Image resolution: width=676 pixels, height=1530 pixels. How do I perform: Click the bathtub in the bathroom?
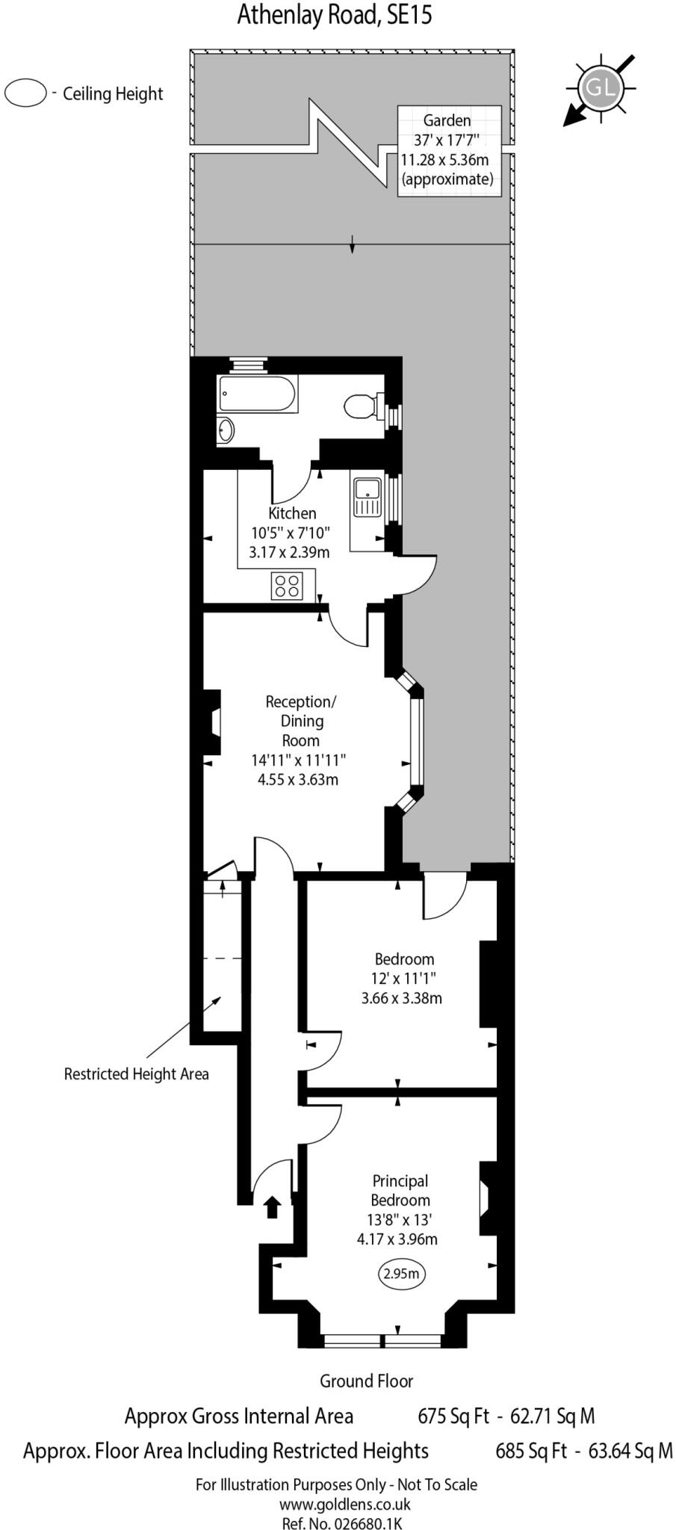257,393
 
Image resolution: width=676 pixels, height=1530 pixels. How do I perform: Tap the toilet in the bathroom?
361,406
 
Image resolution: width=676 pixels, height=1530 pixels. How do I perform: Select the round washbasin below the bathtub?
226,430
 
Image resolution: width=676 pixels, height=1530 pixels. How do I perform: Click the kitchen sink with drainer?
367,498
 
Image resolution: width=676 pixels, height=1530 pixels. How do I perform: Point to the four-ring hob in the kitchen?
288,585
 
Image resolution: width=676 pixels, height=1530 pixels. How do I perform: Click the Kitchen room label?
292,513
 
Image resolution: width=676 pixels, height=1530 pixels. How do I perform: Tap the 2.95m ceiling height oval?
401,1274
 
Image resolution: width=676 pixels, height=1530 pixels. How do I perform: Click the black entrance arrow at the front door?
272,1206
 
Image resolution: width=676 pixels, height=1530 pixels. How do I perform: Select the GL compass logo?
601,87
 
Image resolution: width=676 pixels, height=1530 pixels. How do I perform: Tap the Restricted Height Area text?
136,1074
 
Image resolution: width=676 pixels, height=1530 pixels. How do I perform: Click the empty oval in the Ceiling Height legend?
25,93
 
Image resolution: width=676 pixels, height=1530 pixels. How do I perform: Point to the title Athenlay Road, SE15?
335,14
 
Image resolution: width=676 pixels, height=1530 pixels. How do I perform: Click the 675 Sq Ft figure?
453,1416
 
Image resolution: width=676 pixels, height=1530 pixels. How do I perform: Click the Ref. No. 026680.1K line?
342,1523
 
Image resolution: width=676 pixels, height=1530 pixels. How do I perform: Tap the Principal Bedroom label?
400,1191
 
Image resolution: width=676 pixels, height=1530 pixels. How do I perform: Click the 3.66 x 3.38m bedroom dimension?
401,998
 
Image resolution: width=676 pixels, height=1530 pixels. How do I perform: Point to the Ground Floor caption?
366,1381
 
